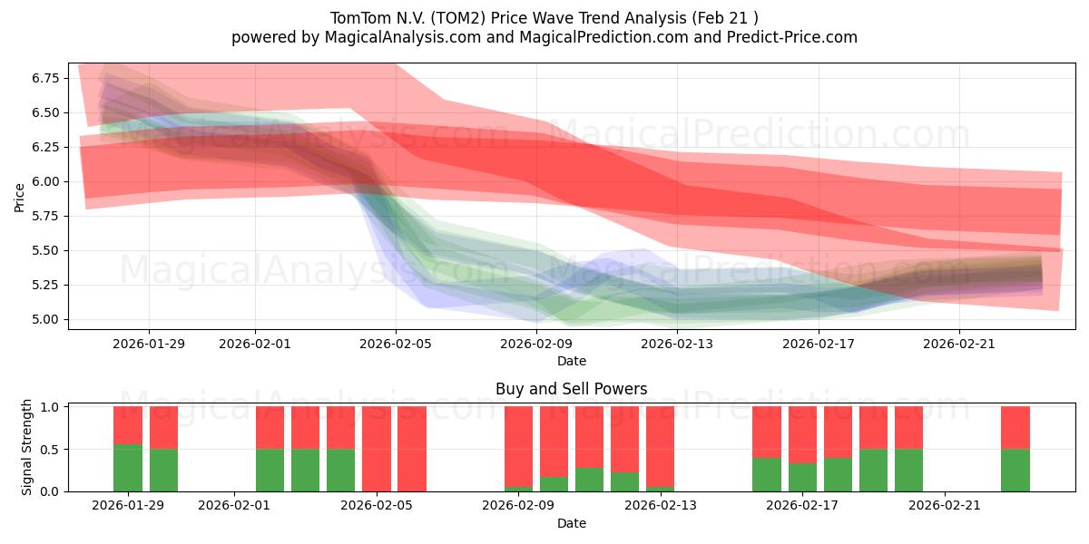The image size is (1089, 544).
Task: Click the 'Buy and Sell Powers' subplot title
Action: click(571, 389)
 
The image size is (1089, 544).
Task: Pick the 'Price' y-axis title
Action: click(20, 197)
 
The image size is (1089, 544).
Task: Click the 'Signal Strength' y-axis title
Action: click(27, 447)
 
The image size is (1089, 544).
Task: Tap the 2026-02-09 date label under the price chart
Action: click(536, 344)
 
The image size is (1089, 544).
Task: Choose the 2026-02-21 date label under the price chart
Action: click(959, 344)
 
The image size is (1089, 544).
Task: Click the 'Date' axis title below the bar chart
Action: click(571, 523)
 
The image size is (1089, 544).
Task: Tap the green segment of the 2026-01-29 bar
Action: click(128, 468)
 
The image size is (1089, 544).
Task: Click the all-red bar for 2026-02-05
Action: click(377, 449)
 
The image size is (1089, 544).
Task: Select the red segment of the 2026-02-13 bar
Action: click(661, 446)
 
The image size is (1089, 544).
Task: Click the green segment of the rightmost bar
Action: click(1015, 470)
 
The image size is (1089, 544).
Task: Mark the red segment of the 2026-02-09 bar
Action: click(518, 446)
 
